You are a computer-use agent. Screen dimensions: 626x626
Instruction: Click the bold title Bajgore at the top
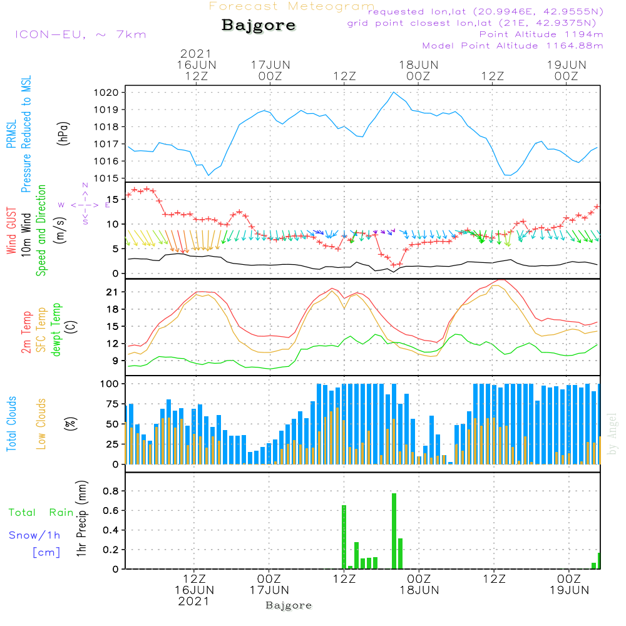click(259, 26)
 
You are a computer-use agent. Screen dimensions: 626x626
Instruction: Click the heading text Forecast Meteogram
click(292, 6)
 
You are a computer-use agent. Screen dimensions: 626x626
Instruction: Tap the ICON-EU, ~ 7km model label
click(80, 34)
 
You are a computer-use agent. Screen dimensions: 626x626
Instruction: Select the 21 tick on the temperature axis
click(116, 292)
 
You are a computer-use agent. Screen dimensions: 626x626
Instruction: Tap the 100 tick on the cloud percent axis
click(112, 384)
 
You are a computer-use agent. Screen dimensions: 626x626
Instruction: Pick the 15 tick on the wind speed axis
click(115, 199)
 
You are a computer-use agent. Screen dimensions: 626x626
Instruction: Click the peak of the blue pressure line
click(394, 93)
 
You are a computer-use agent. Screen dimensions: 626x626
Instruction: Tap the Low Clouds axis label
click(41, 423)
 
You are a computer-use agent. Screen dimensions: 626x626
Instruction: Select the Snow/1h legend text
click(34, 535)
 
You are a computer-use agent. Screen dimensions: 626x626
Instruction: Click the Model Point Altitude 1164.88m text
click(513, 46)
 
